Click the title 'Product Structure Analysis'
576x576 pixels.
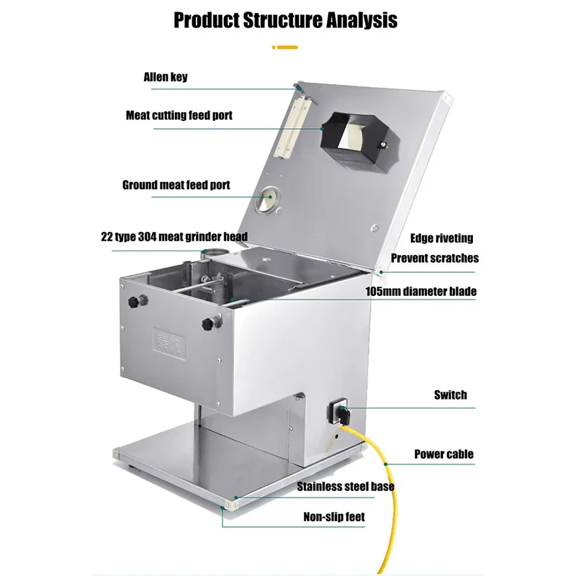coord(285,19)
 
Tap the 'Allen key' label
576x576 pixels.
coord(166,76)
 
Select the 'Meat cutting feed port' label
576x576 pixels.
coord(179,115)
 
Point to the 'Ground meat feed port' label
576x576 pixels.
coord(176,185)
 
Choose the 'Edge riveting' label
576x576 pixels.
coord(441,238)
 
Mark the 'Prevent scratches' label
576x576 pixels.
coord(434,258)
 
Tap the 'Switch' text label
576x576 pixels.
coord(450,395)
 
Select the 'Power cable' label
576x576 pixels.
coord(444,454)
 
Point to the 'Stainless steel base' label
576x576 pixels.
coord(346,487)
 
